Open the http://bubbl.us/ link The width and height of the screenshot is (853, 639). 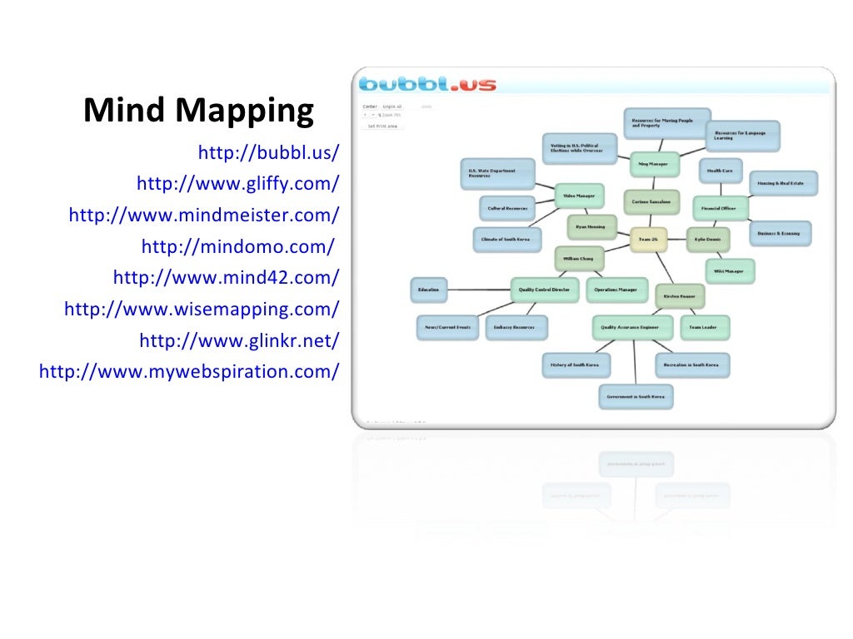268,152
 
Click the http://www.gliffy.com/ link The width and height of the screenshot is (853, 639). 237,183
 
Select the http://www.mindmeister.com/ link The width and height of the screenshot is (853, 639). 203,215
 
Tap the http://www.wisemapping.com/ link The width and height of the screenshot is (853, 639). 201,309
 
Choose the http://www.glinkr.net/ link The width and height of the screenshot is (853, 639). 239,340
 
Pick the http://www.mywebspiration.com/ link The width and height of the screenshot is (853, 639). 188,371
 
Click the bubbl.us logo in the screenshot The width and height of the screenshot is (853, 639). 427,84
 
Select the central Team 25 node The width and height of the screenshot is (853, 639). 648,240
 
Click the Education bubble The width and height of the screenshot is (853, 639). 429,290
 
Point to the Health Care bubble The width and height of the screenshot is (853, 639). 720,171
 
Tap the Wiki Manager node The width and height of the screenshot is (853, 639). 730,270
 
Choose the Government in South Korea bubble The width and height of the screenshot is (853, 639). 636,397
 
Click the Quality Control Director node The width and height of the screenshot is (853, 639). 544,290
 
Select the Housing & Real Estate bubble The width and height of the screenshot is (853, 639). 784,183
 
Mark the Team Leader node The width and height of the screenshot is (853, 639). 704,327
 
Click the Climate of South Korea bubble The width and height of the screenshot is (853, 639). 506,240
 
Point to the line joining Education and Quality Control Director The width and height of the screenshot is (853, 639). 479,290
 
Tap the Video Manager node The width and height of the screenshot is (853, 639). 579,196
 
